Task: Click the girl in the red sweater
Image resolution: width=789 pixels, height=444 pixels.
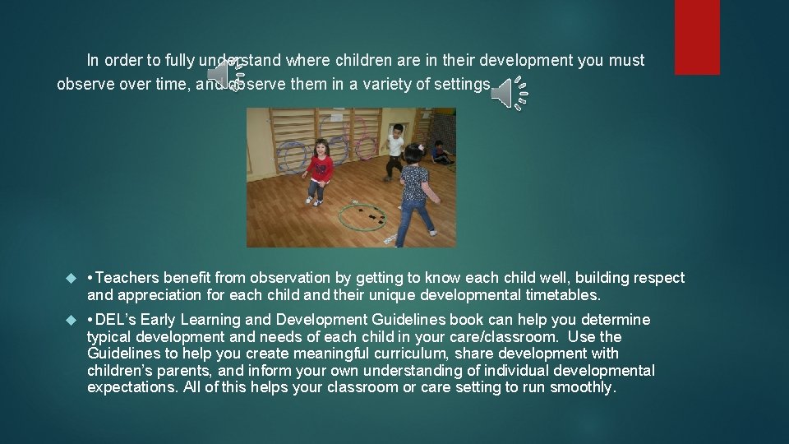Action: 318,169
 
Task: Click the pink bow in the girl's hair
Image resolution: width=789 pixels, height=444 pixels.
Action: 420,150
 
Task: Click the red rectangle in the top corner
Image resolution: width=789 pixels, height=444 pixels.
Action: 697,37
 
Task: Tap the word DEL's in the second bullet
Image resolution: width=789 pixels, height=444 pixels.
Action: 117,319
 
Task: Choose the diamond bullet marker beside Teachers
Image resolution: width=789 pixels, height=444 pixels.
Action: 70,279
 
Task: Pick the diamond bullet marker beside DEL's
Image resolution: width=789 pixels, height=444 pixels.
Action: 70,320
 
